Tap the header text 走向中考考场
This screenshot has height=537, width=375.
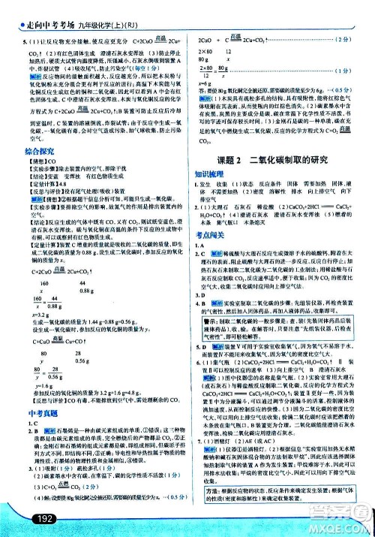point(35,9)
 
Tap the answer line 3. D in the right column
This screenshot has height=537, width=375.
point(202,315)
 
